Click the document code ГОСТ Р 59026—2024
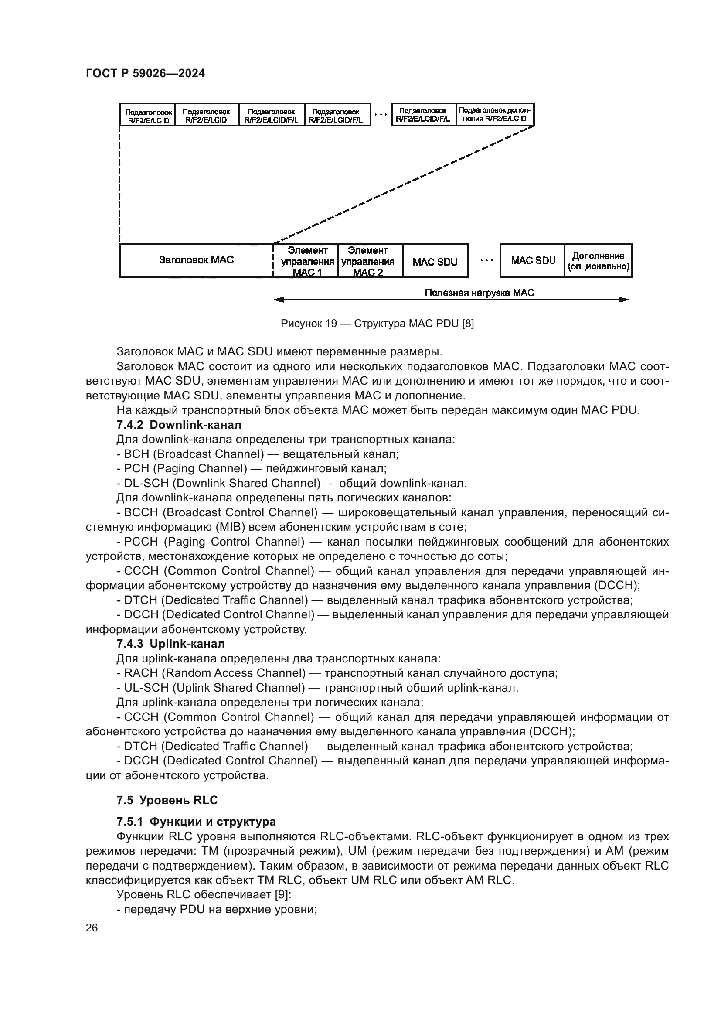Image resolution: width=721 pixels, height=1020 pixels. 145,74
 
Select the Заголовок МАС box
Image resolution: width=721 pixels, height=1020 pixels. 196,260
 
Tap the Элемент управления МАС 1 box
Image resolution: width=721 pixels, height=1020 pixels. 307,261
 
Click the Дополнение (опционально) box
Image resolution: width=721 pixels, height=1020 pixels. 598,261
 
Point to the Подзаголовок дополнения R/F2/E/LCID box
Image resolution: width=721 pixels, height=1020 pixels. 495,115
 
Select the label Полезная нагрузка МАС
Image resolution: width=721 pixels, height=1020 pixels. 480,293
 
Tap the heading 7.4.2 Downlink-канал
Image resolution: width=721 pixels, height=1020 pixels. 179,425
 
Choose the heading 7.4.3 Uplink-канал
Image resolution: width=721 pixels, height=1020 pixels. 170,644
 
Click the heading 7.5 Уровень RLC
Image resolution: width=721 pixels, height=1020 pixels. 167,800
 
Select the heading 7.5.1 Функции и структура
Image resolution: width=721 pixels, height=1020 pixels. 196,822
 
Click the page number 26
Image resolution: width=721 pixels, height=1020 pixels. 92,928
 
